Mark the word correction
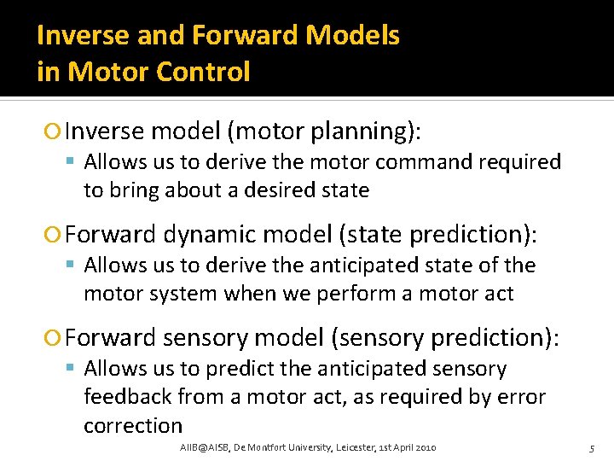click(x=133, y=425)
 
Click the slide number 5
click(x=591, y=448)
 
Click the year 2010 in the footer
click(x=424, y=447)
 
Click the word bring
click(x=130, y=190)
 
